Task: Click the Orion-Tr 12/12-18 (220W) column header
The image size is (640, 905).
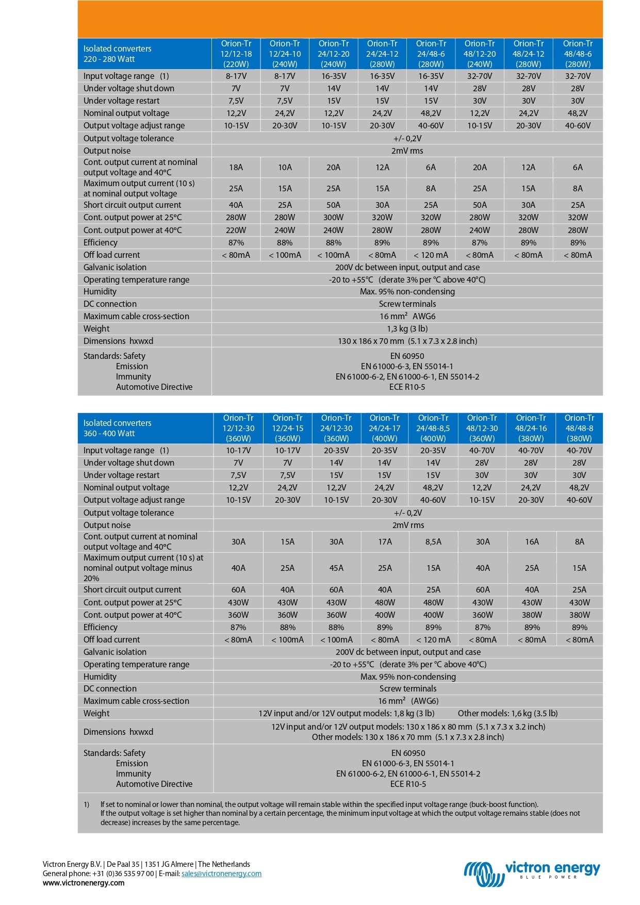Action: coord(236,54)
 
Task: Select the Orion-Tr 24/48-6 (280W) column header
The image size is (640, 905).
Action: coord(431,54)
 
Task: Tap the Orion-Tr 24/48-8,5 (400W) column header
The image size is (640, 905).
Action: coord(433,428)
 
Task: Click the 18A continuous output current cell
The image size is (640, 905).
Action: coord(236,167)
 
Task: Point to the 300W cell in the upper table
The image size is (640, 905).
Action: coord(334,218)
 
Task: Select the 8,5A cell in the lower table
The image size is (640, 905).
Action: coord(433,541)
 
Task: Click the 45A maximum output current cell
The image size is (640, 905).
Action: coord(336,568)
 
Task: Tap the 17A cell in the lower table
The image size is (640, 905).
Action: coord(385,541)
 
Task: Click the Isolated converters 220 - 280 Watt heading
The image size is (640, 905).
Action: coord(118,54)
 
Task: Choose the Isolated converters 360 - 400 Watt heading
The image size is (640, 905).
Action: coord(118,428)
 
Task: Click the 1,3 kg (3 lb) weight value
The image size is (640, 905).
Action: coord(407,328)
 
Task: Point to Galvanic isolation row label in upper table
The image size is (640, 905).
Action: coord(115,267)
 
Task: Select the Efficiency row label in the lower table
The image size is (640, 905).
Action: coord(101,627)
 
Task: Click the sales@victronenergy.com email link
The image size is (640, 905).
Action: coord(221,874)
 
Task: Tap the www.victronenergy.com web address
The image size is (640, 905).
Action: coord(84,883)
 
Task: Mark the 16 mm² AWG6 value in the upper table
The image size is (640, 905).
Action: coord(407,316)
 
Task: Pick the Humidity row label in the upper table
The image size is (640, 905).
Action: coord(100,291)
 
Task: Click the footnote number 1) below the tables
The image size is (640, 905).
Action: coord(87,804)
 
